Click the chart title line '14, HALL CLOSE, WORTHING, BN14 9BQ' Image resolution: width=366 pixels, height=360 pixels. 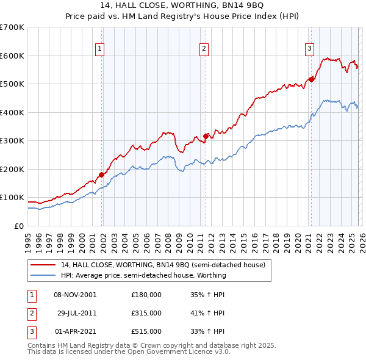click(182, 7)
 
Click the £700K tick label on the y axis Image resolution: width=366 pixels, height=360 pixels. click(12, 27)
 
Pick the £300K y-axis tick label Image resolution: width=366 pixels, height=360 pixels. click(12, 141)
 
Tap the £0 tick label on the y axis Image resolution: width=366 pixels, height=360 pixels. click(20, 226)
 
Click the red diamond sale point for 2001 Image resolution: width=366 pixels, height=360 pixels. click(101, 175)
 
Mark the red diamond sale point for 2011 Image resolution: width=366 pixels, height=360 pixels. click(206, 136)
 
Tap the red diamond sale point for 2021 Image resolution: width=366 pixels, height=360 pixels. click(311, 79)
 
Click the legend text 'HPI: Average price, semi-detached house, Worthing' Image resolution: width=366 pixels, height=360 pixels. click(143, 275)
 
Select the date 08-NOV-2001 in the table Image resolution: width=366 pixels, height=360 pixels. click(75, 294)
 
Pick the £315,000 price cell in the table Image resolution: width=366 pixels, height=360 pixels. click(146, 312)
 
